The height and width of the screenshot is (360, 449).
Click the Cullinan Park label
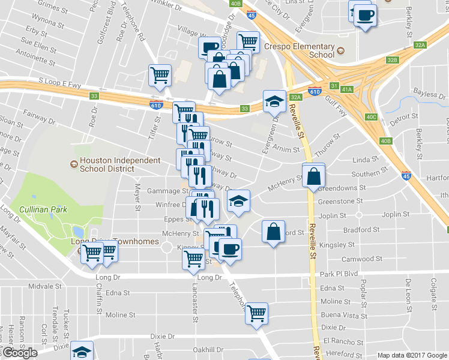(x=42, y=209)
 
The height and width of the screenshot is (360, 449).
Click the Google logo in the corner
(x=20, y=353)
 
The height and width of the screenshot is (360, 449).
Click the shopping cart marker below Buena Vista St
(x=257, y=313)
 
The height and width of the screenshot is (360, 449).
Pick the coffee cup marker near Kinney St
(x=230, y=248)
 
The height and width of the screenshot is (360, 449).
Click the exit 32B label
(x=393, y=60)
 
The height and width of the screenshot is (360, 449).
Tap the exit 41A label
(x=347, y=89)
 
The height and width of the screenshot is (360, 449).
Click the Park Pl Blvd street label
(x=339, y=274)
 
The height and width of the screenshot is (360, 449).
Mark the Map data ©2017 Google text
(x=411, y=355)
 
